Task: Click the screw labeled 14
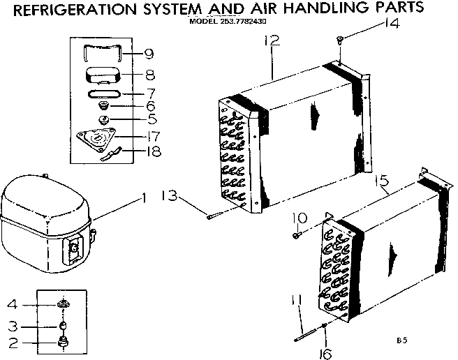339,40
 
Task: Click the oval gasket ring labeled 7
103,91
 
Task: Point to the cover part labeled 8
103,73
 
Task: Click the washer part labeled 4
62,304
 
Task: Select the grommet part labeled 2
62,341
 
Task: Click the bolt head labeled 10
297,235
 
